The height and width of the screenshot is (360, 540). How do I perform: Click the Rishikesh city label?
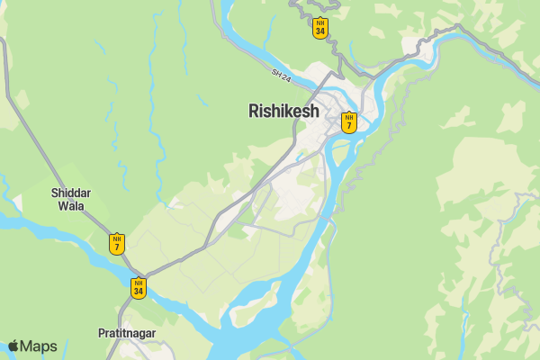click(283, 112)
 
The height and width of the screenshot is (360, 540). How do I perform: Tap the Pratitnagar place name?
click(127, 333)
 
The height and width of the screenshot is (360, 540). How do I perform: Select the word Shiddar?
click(71, 193)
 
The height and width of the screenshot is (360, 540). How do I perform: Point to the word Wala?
click(71, 206)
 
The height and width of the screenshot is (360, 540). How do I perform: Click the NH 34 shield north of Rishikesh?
click(319, 29)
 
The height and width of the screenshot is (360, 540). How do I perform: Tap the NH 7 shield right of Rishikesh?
click(349, 121)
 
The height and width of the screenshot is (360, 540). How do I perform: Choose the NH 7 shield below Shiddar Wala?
click(117, 244)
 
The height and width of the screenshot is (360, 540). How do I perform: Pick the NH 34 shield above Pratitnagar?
click(138, 288)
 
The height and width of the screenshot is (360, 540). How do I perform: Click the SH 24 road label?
click(282, 78)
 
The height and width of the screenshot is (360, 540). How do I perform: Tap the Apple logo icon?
click(13, 346)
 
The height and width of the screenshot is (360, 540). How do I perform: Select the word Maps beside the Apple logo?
click(39, 346)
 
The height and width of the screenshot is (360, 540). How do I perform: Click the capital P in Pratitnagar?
click(102, 333)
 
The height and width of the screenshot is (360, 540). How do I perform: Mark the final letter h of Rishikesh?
click(314, 112)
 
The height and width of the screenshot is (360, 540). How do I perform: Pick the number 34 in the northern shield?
click(319, 33)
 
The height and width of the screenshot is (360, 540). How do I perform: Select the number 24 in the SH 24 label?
click(286, 80)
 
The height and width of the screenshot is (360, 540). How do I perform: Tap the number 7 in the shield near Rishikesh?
click(349, 126)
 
